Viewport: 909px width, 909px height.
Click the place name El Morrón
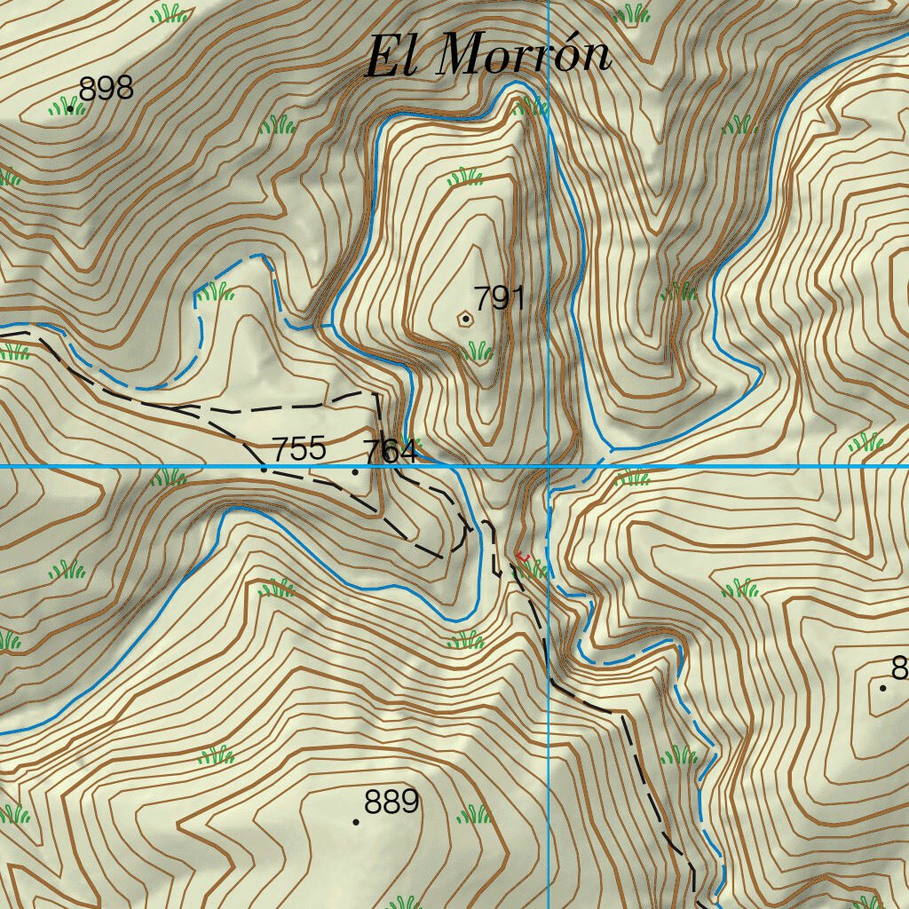489,55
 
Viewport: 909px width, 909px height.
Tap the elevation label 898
106,88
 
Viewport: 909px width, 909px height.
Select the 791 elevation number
499,297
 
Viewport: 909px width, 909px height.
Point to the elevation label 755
299,448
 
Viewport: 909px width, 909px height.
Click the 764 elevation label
390,451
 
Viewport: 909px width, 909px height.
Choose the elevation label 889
391,802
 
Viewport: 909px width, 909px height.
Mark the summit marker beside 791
465,318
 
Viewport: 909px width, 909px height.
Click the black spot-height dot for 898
70,108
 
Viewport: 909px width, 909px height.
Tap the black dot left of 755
264,469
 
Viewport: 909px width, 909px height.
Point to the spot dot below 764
356,471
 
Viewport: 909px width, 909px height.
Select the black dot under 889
356,822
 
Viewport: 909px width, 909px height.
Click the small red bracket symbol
522,557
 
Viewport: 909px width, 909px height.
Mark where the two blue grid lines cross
549,466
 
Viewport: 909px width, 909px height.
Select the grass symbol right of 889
472,813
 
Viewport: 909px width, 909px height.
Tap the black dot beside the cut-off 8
882,688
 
